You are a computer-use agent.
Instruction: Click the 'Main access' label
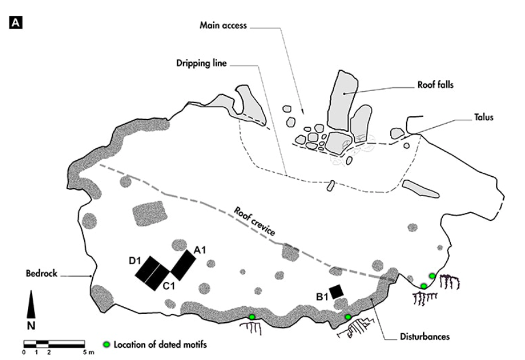pos(224,26)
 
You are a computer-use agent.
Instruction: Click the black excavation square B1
pos(336,291)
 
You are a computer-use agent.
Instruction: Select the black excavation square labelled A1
pos(183,265)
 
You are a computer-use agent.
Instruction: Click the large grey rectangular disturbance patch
pos(149,214)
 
